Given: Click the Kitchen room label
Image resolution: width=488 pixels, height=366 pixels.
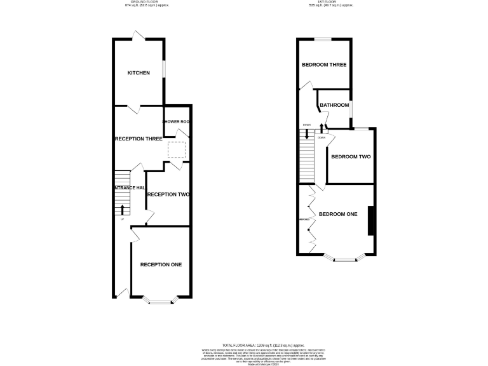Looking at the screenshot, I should [x=139, y=73].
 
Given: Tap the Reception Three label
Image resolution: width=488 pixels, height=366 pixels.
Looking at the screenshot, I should [x=138, y=139].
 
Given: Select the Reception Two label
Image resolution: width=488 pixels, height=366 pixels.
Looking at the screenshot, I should [x=168, y=194].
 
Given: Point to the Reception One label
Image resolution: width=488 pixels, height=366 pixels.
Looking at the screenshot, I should [x=161, y=264].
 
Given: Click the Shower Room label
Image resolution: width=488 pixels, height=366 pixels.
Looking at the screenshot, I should [x=177, y=121].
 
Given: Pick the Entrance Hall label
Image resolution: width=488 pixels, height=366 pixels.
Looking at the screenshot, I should [x=130, y=188].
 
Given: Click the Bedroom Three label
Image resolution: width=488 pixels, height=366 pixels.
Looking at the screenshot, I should [x=324, y=65].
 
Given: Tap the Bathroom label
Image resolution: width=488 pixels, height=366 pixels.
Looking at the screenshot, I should [x=334, y=105].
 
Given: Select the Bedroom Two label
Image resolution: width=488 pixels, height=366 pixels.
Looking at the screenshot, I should [x=351, y=156].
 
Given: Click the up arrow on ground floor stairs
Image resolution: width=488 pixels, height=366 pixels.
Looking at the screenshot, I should [x=123, y=208].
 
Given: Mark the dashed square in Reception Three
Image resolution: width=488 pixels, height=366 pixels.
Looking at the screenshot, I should [x=177, y=150].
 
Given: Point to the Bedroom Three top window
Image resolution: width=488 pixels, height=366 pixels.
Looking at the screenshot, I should [x=324, y=39].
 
